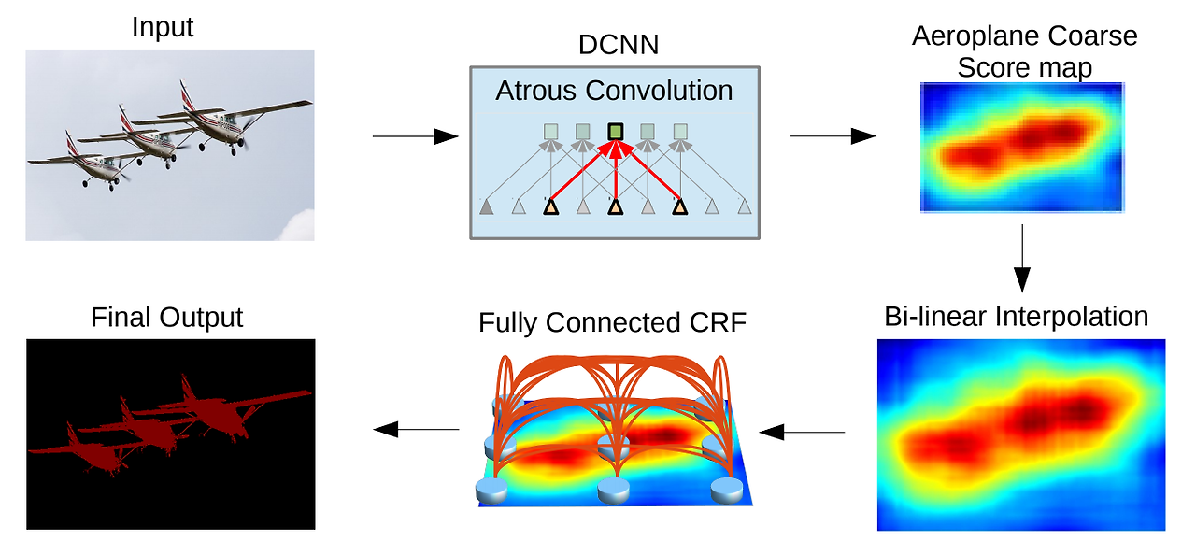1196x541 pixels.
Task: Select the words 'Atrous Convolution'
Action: [x=614, y=91]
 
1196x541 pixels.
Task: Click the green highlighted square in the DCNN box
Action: [x=615, y=132]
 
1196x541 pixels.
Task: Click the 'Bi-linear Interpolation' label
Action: [x=1016, y=316]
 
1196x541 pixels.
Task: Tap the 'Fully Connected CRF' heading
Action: [x=613, y=322]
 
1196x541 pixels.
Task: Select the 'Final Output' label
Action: [x=166, y=318]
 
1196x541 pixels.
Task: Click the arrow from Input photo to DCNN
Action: [x=415, y=137]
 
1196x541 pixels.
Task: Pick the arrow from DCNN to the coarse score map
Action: [x=833, y=137]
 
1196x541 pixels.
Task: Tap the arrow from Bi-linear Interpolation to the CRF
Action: [x=802, y=432]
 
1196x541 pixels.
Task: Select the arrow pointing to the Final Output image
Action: [x=416, y=430]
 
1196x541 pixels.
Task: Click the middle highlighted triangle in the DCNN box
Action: [x=615, y=206]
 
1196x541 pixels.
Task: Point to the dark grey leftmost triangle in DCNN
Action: [x=486, y=206]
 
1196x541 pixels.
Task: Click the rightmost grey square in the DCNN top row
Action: [x=680, y=132]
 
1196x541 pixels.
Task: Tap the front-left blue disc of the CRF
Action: [x=491, y=488]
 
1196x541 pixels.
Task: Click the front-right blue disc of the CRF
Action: [x=727, y=487]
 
